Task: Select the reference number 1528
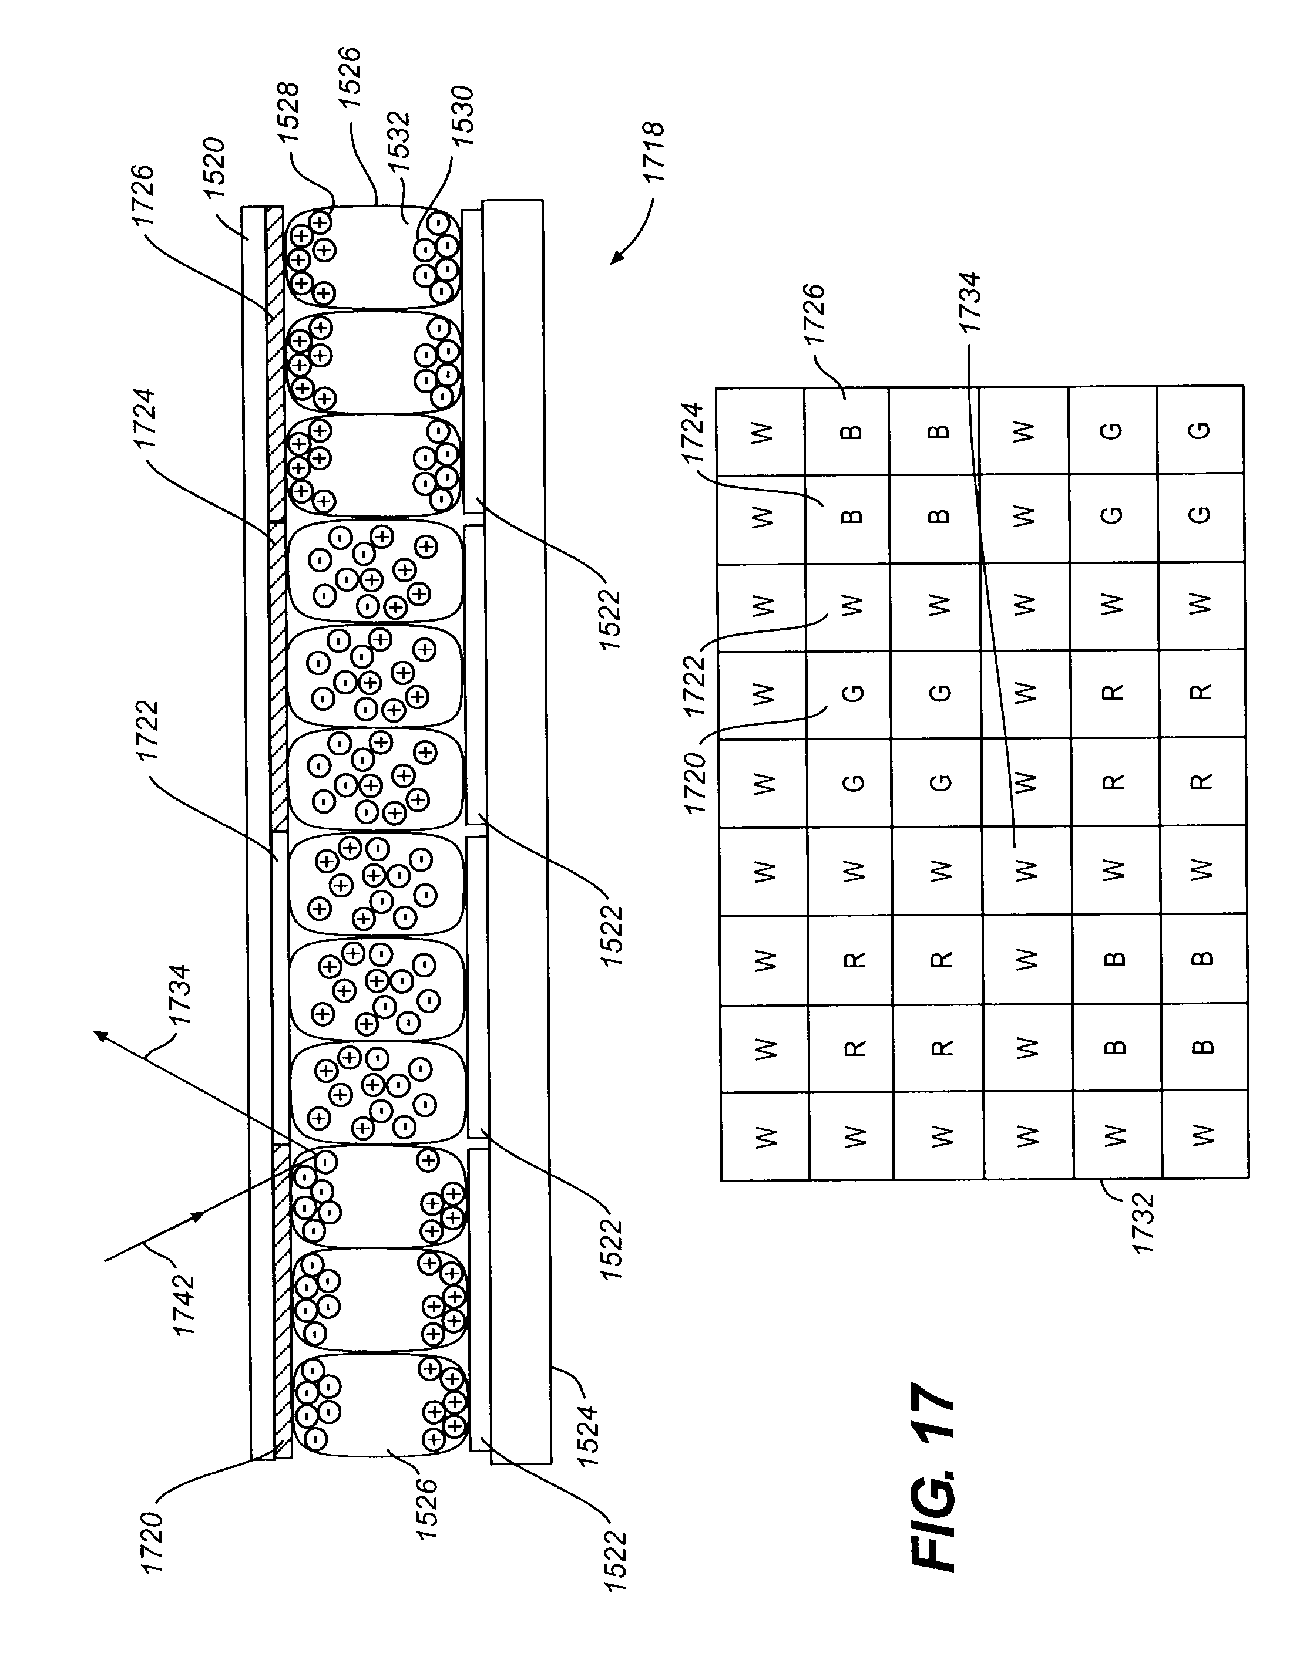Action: [290, 112]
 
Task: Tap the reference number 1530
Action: [461, 116]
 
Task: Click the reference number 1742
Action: [184, 1305]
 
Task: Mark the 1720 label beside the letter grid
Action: [694, 783]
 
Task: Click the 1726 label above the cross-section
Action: [144, 197]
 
